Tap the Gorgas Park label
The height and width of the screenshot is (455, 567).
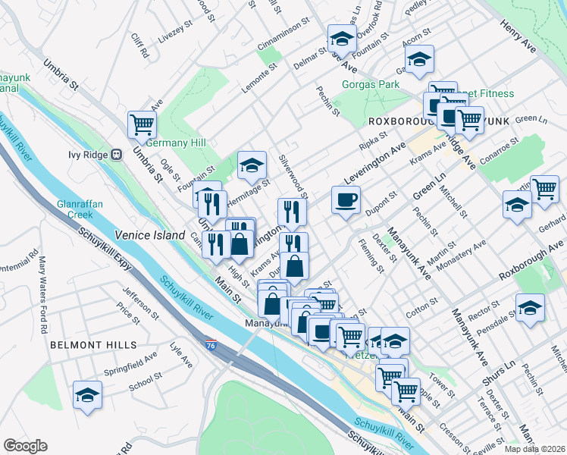click(370, 84)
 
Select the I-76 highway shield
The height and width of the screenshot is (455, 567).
click(210, 344)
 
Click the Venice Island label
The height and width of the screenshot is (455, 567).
click(149, 235)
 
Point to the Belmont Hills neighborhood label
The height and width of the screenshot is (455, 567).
click(93, 344)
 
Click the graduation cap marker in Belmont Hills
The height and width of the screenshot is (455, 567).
click(88, 395)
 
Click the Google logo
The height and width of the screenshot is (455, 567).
click(25, 446)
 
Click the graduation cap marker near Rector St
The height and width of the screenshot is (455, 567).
click(530, 308)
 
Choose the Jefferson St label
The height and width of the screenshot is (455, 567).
click(140, 302)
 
